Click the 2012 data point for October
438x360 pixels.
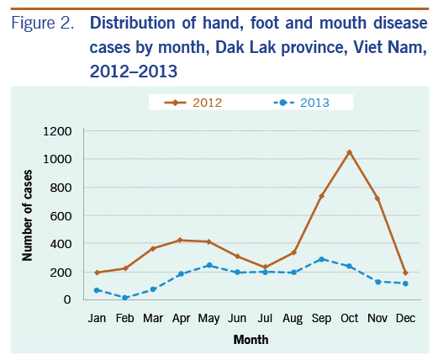(x=350, y=152)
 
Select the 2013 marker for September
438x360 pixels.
(x=321, y=259)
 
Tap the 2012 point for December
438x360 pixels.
(x=405, y=273)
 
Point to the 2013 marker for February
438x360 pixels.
(x=125, y=298)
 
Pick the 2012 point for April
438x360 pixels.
(x=181, y=240)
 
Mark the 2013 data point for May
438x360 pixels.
(x=209, y=265)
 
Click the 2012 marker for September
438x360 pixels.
(x=321, y=196)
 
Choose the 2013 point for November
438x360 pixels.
(x=377, y=282)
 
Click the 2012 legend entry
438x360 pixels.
(x=193, y=103)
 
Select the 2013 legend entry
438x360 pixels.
(x=301, y=103)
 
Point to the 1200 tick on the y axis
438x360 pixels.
(x=57, y=131)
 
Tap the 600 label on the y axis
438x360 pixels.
(x=61, y=216)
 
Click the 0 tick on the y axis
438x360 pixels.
(x=67, y=299)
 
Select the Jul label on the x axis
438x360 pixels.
(x=265, y=318)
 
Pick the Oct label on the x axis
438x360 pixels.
(x=350, y=318)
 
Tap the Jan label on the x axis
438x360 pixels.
(x=97, y=318)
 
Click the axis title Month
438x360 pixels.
(x=251, y=340)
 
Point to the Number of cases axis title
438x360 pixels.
(x=27, y=215)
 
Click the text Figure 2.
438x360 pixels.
(x=43, y=23)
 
